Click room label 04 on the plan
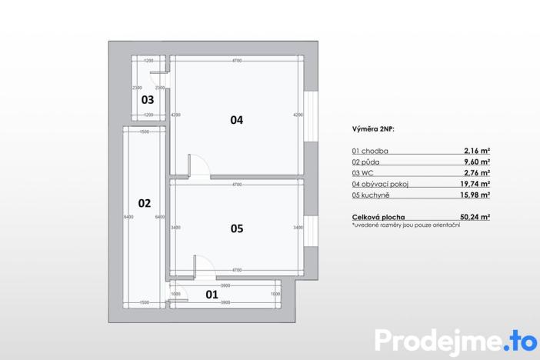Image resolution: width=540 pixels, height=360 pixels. coord(236,120)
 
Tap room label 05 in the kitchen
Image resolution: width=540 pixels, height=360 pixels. coord(236,228)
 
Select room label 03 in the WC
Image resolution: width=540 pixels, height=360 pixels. coord(147,100)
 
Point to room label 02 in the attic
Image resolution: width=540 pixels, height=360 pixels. coord(144,204)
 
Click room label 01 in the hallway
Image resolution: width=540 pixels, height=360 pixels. coord(210,294)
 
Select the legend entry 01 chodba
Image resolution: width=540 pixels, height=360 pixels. coord(370,152)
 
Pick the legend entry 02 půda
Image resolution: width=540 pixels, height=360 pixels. coord(367,162)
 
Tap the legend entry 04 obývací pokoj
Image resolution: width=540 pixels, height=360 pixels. coord(382,185)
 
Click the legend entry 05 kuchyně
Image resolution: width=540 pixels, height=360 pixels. coord(371,195)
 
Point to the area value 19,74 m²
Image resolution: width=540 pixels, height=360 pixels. coord(477,185)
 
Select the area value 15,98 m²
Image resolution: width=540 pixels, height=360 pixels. coord(477,195)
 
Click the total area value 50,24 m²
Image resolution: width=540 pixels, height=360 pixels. coord(477,218)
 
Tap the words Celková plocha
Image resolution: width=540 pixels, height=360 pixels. coord(378,218)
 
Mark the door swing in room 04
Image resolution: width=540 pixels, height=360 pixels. coord(197,165)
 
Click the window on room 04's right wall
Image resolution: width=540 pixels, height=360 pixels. coord(311,116)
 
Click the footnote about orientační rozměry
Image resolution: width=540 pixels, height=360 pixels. coord(405,225)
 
